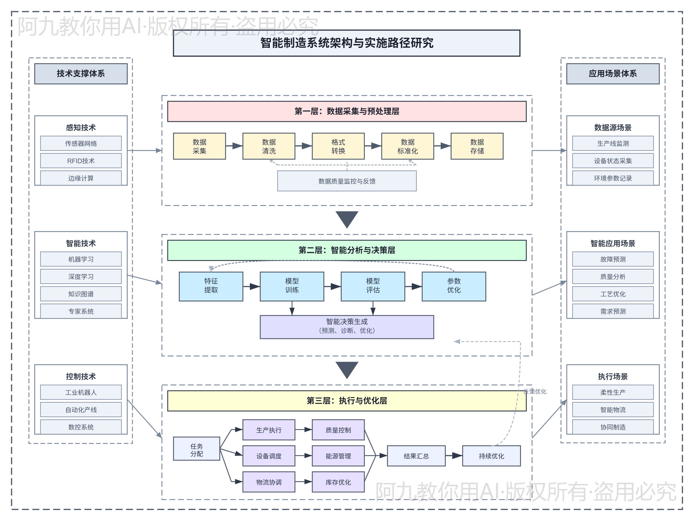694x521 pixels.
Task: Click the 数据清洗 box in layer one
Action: pos(269,146)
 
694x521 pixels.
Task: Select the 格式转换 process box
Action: pos(338,146)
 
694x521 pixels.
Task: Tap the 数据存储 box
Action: pos(477,146)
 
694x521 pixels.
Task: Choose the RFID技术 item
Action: pos(81,161)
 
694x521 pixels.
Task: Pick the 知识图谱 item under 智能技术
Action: pos(81,294)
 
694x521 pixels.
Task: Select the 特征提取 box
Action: pos(211,286)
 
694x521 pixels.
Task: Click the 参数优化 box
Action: pos(454,286)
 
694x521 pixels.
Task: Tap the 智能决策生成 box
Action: pos(347,326)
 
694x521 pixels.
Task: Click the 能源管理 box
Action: pos(338,456)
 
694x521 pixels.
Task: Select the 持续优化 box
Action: pos(491,456)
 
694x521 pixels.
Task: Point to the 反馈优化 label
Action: pos(535,391)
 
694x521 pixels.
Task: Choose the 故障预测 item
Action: pos(613,259)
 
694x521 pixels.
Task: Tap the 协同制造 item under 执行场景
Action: pos(613,427)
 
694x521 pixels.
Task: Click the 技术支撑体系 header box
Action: pos(81,73)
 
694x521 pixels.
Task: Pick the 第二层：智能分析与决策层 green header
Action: pos(347,250)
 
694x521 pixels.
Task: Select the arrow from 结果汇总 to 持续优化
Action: pos(454,456)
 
